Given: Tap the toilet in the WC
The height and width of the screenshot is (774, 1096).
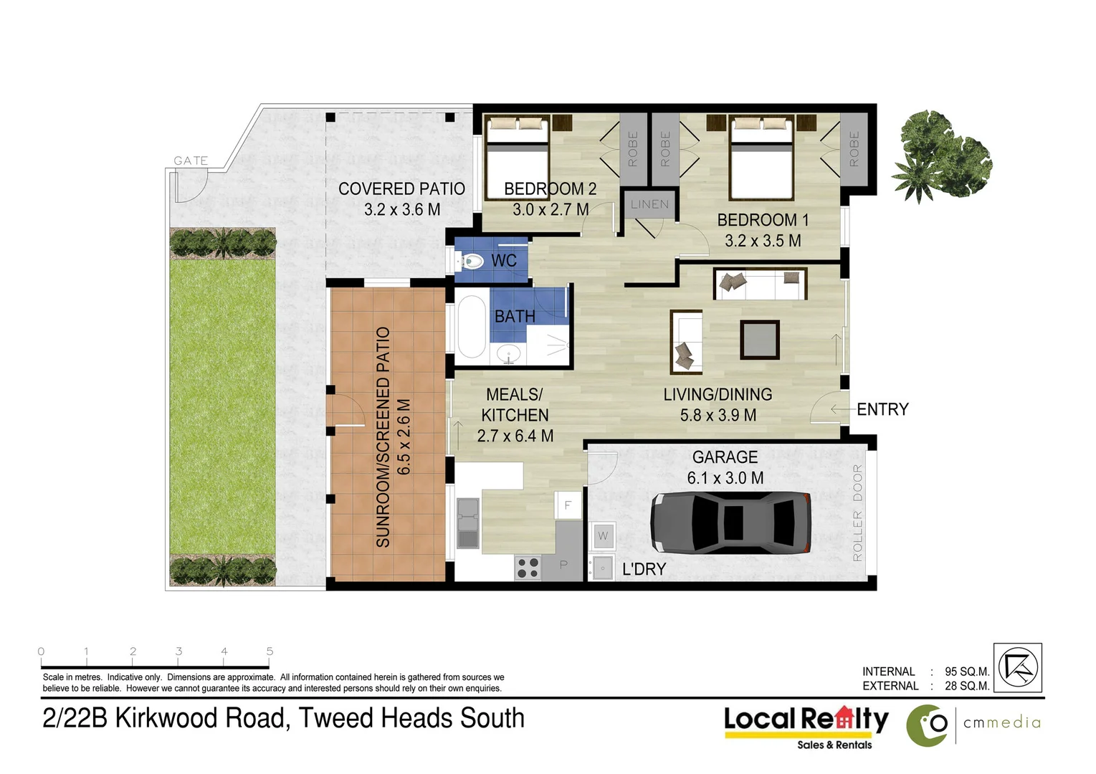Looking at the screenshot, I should pyautogui.click(x=470, y=261).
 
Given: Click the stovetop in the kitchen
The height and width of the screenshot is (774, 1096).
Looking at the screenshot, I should pyautogui.click(x=528, y=568).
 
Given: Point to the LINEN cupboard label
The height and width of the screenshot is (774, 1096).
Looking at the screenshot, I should pyautogui.click(x=649, y=204).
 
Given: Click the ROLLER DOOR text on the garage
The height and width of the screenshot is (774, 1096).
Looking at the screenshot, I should pyautogui.click(x=857, y=513).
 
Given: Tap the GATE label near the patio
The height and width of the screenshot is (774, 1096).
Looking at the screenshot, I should pyautogui.click(x=191, y=161).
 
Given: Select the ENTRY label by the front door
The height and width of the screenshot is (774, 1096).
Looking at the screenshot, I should pyautogui.click(x=882, y=409).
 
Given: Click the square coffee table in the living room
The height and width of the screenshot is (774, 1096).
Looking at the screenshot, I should pyautogui.click(x=760, y=340).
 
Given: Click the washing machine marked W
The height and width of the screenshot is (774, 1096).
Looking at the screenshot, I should pyautogui.click(x=602, y=535).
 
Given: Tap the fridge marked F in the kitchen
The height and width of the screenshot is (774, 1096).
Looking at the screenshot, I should pyautogui.click(x=567, y=505).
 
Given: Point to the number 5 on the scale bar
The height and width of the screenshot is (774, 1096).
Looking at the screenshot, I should pyautogui.click(x=270, y=651).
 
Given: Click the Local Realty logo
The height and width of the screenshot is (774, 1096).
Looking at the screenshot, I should pyautogui.click(x=806, y=721).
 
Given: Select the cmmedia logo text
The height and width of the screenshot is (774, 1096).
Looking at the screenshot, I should pyautogui.click(x=1001, y=722).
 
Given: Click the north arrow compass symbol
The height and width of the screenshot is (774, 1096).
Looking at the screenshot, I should pyautogui.click(x=1018, y=667).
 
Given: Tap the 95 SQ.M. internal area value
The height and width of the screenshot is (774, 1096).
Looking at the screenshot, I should pyautogui.click(x=966, y=672).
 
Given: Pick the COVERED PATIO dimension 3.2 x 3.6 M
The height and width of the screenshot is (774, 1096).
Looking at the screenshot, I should pyautogui.click(x=402, y=209).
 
